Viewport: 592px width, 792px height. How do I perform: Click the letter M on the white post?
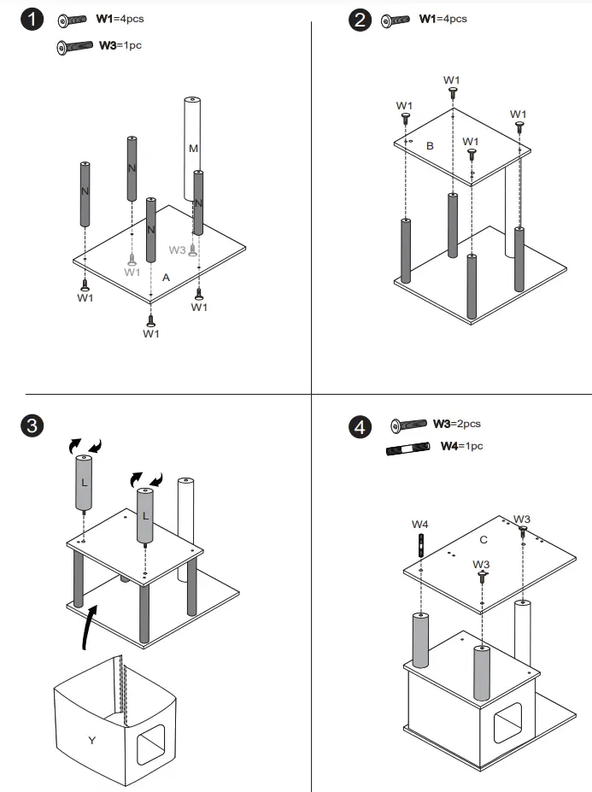pos(193,149)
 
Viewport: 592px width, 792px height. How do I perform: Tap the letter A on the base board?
pos(166,278)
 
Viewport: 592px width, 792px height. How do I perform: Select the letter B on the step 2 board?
pos(430,146)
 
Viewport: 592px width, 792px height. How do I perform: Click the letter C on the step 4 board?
pos(483,539)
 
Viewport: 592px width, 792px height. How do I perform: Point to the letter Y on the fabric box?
pos(91,740)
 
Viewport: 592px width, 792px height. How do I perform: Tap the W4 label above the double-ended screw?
pos(420,524)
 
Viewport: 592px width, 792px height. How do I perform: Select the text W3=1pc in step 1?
pos(120,44)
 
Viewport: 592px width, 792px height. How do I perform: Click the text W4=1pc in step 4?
pos(461,446)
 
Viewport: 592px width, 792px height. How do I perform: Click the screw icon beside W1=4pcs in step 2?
pos(396,20)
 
